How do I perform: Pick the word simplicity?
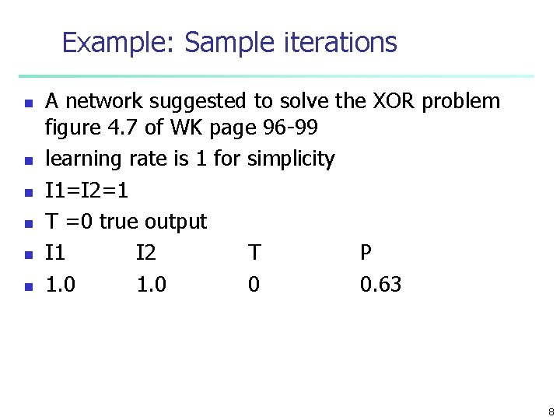(x=290, y=159)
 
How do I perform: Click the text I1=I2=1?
(x=87, y=191)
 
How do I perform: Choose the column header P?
(x=366, y=253)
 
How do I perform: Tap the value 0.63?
(x=380, y=285)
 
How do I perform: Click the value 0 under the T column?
(x=254, y=285)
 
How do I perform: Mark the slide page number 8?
(x=551, y=411)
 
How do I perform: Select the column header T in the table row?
(x=254, y=253)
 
